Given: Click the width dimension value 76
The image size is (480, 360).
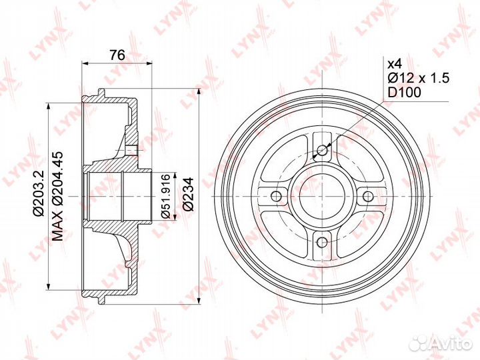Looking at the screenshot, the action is click(x=117, y=55).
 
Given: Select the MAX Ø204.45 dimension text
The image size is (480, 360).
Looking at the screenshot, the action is click(x=57, y=195).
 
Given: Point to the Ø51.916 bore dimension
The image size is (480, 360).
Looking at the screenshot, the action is click(x=165, y=196).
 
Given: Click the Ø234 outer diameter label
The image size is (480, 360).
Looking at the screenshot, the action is click(x=188, y=194).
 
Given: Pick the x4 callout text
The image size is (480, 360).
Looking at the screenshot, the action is click(x=395, y=64).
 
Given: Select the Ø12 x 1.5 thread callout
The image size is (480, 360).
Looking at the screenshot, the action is click(x=419, y=78).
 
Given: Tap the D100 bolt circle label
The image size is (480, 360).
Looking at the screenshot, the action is click(x=405, y=92).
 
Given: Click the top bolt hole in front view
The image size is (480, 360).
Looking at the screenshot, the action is click(x=322, y=150).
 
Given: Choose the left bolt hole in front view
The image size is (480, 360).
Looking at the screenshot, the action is click(x=276, y=195).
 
